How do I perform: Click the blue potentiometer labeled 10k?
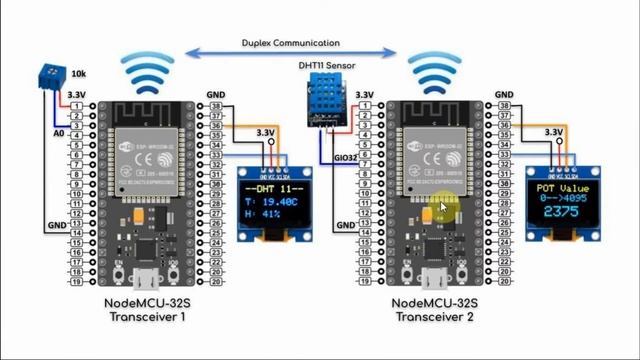[45, 74]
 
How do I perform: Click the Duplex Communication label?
[290, 43]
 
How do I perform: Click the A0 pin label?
[59, 132]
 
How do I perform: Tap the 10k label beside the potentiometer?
[78, 74]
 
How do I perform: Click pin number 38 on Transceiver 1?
[216, 106]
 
